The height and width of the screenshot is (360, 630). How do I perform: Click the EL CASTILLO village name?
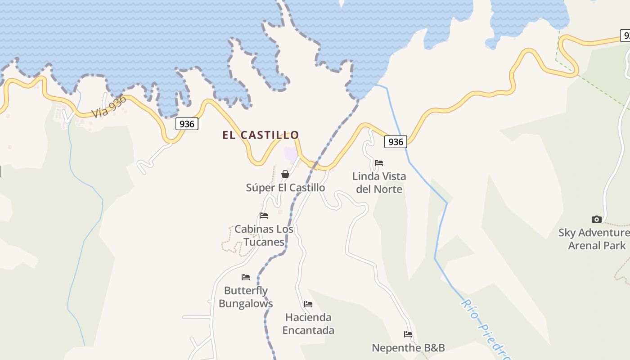pyautogui.click(x=261, y=135)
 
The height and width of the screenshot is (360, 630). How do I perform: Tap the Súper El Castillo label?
pyautogui.click(x=285, y=188)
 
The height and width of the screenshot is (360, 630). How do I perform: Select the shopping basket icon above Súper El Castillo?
pyautogui.click(x=285, y=174)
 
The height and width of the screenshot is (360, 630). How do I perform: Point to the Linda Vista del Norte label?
pyautogui.click(x=379, y=183)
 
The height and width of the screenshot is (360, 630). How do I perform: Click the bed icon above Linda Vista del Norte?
pyautogui.click(x=379, y=163)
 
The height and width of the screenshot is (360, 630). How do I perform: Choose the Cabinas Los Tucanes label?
pyautogui.click(x=264, y=235)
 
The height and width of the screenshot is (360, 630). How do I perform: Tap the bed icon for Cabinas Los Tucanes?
pyautogui.click(x=264, y=216)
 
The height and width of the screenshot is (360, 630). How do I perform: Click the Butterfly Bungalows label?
pyautogui.click(x=246, y=297)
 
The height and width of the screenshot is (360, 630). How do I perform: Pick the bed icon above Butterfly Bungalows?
pyautogui.click(x=245, y=277)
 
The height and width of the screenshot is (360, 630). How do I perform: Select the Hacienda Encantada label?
pyautogui.click(x=308, y=324)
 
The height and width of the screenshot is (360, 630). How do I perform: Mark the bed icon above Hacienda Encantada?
pyautogui.click(x=308, y=304)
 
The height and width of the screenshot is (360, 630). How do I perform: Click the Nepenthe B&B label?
pyautogui.click(x=408, y=348)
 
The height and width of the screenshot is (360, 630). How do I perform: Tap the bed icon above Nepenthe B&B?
pyautogui.click(x=408, y=334)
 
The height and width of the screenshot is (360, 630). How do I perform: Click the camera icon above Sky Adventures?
pyautogui.click(x=596, y=220)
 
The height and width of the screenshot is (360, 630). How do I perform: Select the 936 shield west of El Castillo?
pyautogui.click(x=186, y=124)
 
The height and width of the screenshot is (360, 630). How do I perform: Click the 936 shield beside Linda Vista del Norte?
pyautogui.click(x=396, y=142)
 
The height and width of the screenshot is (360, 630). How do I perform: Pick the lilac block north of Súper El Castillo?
pyautogui.click(x=291, y=153)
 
